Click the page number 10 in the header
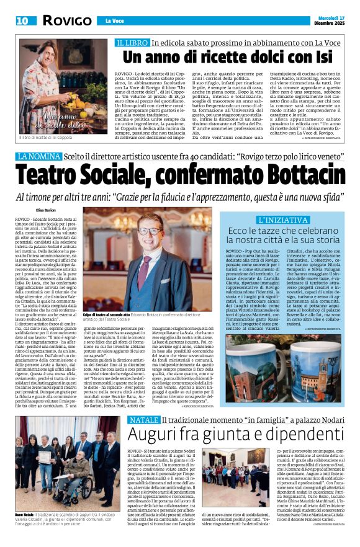click(x=22, y=20)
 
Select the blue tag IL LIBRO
click(x=133, y=43)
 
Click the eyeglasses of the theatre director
click(x=149, y=231)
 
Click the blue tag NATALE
click(x=133, y=386)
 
